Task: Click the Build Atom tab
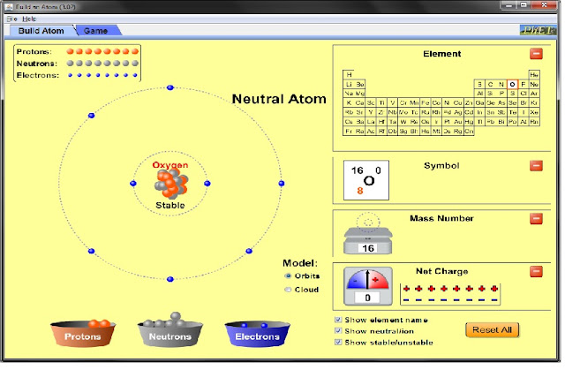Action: (x=44, y=31)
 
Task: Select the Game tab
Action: (x=95, y=31)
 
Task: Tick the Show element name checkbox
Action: (x=338, y=320)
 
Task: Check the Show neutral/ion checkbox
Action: (x=338, y=330)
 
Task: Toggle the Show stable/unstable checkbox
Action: (x=338, y=342)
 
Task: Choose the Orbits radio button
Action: (x=288, y=276)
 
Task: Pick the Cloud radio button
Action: (x=288, y=289)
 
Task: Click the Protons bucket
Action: (x=87, y=336)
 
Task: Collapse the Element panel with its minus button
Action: (x=536, y=54)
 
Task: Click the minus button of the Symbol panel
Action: (x=536, y=165)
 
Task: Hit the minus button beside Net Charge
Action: (x=536, y=272)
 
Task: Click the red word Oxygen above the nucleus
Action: (x=170, y=165)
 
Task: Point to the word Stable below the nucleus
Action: (x=170, y=205)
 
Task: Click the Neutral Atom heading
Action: (x=279, y=99)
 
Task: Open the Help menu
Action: (x=29, y=19)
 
